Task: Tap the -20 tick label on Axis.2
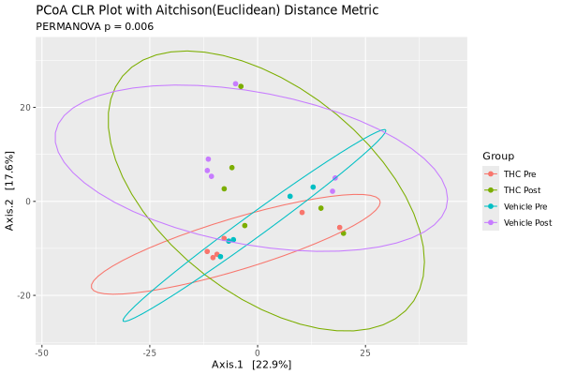(24, 295)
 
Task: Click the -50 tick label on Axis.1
(41, 353)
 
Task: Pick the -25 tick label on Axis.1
(149, 353)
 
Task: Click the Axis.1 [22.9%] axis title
(251, 365)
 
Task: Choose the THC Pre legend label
(521, 174)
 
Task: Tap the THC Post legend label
(523, 190)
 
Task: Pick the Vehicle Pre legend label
(526, 206)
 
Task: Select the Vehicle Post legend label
(528, 222)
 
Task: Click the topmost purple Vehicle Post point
(235, 83)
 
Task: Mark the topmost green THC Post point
(242, 86)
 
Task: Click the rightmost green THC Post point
(344, 233)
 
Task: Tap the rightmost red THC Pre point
(340, 227)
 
